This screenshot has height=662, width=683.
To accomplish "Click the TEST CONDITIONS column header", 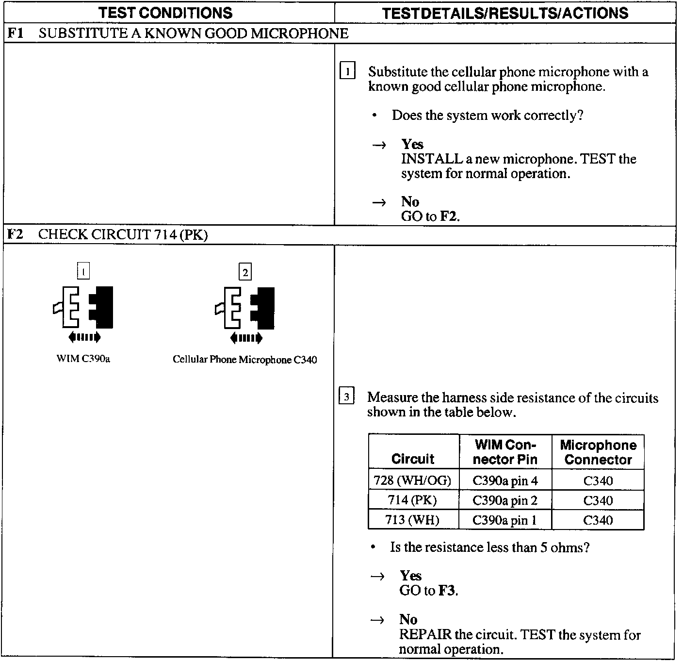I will [x=165, y=13].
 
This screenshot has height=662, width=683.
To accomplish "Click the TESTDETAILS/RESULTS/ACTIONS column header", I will [x=504, y=13].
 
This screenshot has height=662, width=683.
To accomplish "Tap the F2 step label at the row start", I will [x=15, y=235].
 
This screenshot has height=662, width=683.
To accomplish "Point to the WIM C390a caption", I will [x=83, y=359].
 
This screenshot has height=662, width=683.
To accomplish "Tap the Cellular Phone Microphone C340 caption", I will [x=245, y=360].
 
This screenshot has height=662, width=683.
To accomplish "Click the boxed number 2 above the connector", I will [x=245, y=272].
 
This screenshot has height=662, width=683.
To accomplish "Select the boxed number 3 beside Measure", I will [x=346, y=397].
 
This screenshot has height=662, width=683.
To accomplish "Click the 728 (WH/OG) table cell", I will [x=412, y=481].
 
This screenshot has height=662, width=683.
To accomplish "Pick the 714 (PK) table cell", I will [x=412, y=500].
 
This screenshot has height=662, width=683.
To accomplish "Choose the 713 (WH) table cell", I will [x=412, y=520].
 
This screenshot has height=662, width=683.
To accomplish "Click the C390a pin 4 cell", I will [x=505, y=481].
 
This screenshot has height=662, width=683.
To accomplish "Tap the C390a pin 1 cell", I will [x=505, y=520].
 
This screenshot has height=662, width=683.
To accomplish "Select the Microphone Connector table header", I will [x=598, y=452].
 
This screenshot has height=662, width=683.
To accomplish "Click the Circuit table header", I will [x=413, y=459].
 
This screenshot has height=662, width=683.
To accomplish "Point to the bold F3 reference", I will [x=447, y=591].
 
